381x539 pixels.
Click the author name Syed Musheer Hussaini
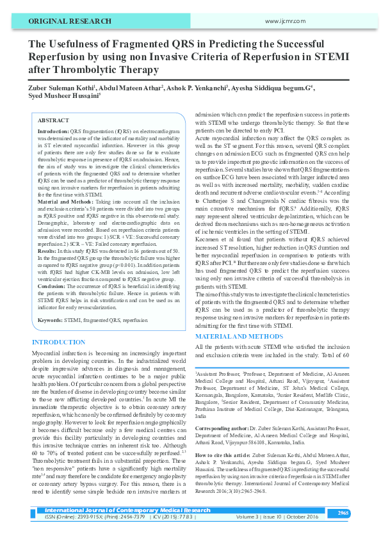point(61,94)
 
